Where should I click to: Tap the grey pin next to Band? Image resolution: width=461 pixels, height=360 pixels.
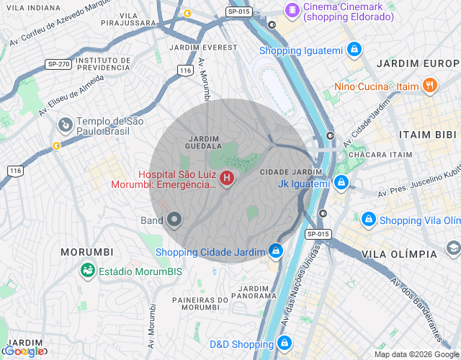[x=174, y=220]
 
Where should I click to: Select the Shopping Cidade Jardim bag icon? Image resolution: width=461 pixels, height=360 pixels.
[x=274, y=251]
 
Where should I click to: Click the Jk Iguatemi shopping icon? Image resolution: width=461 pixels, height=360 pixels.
[x=341, y=184]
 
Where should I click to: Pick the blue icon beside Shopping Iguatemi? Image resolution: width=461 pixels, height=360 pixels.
[x=354, y=50]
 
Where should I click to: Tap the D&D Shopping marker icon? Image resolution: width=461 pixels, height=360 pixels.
[x=285, y=343]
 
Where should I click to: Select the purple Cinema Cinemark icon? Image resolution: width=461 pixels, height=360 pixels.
[x=292, y=10]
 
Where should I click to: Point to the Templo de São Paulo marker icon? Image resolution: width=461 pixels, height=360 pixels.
[x=66, y=126]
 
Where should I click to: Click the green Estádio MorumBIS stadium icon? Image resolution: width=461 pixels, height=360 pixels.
[x=88, y=271]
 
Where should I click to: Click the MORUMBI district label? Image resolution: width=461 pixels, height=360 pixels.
[x=87, y=252]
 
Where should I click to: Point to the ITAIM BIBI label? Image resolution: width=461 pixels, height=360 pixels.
[x=429, y=135]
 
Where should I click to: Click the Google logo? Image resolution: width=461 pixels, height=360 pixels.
[x=23, y=351]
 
